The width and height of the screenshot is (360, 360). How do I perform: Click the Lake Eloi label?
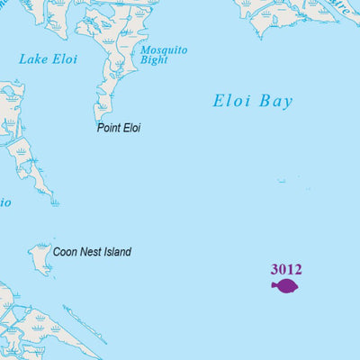pos(48,59)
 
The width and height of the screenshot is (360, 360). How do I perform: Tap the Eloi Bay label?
pos(253,102)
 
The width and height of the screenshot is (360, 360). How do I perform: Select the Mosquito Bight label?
pos(163,55)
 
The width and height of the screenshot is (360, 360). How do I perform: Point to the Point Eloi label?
pos(119,128)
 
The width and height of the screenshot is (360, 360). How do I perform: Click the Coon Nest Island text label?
pos(92,252)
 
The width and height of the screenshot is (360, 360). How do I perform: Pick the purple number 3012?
pos(286,269)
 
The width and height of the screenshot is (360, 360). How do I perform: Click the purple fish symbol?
pos(286,286)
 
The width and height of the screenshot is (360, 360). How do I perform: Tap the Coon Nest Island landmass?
pos(40,258)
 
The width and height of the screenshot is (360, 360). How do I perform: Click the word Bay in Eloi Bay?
pos(275,102)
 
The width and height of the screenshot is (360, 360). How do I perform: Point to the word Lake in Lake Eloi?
pos(34,59)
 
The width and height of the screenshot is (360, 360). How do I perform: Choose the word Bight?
pos(155,60)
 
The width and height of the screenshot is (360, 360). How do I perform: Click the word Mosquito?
pos(164,50)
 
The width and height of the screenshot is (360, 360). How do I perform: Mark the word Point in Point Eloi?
pos(109,128)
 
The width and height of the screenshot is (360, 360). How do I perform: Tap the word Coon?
pos(65,252)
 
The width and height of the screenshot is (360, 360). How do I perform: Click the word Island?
pos(117,252)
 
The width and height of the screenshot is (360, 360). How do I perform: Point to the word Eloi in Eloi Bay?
pos(230,102)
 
